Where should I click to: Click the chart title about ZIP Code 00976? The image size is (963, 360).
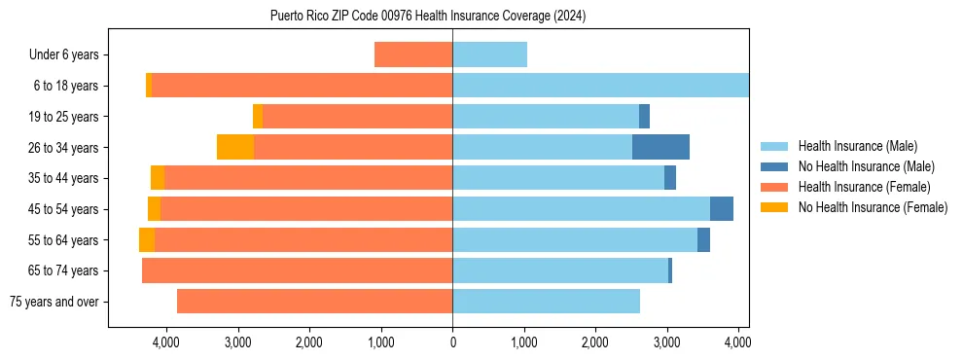click(x=428, y=17)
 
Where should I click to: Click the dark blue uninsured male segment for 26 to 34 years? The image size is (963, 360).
click(x=660, y=147)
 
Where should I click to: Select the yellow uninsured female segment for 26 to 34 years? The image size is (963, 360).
click(x=235, y=147)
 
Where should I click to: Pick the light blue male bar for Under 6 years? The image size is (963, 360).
click(x=489, y=54)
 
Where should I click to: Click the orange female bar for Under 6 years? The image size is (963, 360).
click(x=413, y=54)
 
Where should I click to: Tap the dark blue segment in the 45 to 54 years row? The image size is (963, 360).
click(x=722, y=209)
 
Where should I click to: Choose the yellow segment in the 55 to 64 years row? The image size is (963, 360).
click(x=147, y=240)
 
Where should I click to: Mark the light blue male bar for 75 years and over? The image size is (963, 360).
click(x=546, y=302)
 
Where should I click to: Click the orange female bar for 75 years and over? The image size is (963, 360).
click(x=314, y=302)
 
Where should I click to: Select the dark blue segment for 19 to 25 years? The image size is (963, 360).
click(x=644, y=117)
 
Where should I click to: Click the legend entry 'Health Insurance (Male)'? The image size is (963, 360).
click(x=857, y=146)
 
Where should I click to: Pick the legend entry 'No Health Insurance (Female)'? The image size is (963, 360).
click(x=873, y=207)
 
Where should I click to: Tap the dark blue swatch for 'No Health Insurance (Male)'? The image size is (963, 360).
click(x=774, y=166)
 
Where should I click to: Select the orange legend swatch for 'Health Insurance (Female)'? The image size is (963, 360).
click(x=774, y=187)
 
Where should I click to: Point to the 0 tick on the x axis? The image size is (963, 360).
click(x=452, y=342)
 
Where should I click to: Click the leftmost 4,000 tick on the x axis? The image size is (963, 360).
click(x=165, y=342)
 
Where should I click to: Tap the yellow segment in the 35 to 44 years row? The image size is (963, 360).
click(x=158, y=178)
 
